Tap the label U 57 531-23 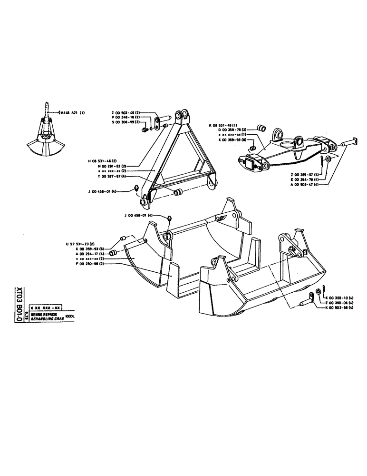[80, 244]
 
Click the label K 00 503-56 [340, 308]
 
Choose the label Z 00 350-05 [340, 303]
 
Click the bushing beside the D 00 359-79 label [261, 127]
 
